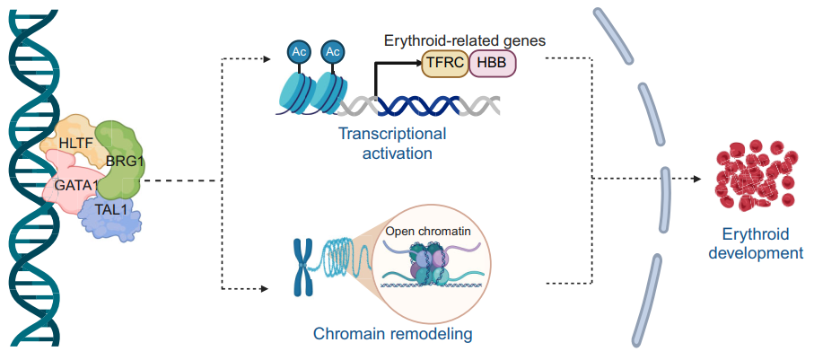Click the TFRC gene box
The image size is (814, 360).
point(444,63)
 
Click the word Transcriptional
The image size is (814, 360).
point(391,135)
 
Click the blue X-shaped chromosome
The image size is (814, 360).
point(302,265)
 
